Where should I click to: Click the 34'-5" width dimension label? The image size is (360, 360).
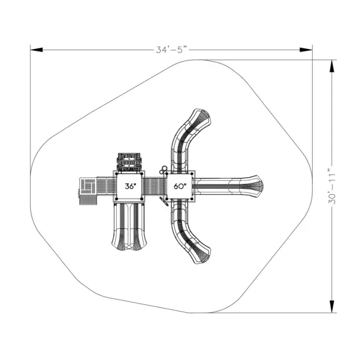(171, 50)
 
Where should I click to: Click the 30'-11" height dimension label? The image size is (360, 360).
(332, 186)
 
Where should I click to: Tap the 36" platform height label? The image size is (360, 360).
(131, 186)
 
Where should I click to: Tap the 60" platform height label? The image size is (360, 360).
(180, 186)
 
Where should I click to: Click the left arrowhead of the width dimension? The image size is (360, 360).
(36, 50)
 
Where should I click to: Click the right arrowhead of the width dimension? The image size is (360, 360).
(306, 50)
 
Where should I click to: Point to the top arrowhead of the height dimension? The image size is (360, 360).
(332, 66)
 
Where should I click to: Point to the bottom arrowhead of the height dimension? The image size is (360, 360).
(332, 306)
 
